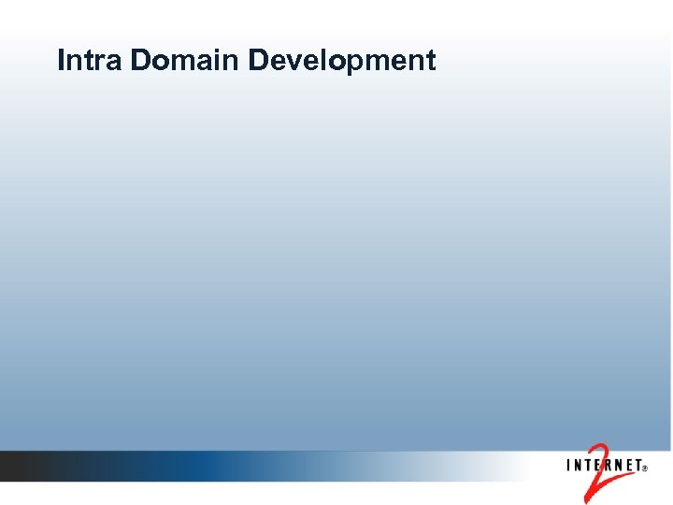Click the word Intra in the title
click(x=91, y=61)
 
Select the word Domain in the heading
click(x=186, y=61)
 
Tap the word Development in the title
click(x=342, y=61)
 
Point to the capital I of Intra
click(x=61, y=61)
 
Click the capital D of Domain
click(x=141, y=61)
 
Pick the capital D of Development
click(x=259, y=61)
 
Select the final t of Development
click(x=430, y=62)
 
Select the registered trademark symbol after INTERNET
click(x=644, y=469)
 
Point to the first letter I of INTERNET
click(x=569, y=465)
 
